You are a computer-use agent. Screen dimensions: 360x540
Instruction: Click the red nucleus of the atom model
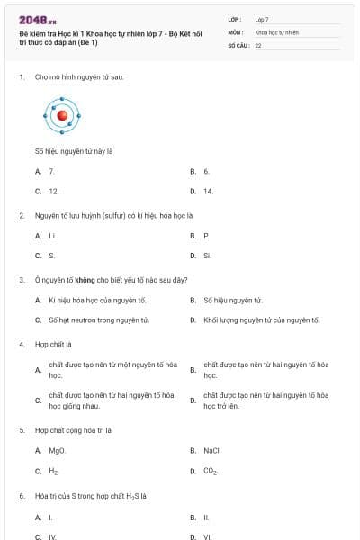(62, 115)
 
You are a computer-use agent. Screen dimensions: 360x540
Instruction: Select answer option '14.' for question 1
(208, 191)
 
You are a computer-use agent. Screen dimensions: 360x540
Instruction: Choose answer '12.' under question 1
(53, 191)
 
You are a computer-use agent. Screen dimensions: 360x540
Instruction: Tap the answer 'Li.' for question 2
(52, 235)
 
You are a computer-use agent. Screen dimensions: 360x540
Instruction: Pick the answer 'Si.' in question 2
(207, 256)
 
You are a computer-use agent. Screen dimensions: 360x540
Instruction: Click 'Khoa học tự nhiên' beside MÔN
(276, 31)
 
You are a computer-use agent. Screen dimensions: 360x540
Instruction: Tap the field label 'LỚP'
(235, 19)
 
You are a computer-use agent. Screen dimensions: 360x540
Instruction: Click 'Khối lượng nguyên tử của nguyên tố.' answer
(261, 319)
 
